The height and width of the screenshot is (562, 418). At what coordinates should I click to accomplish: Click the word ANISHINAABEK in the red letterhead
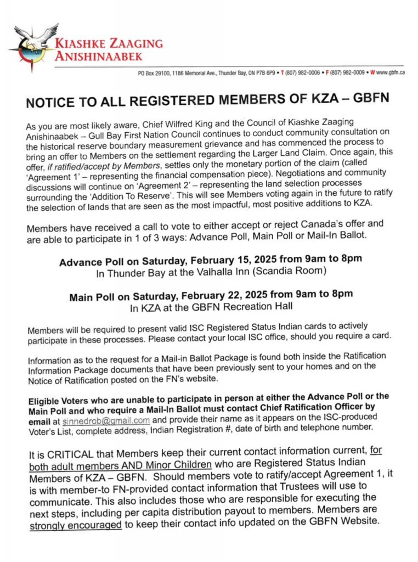[x=97, y=55]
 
